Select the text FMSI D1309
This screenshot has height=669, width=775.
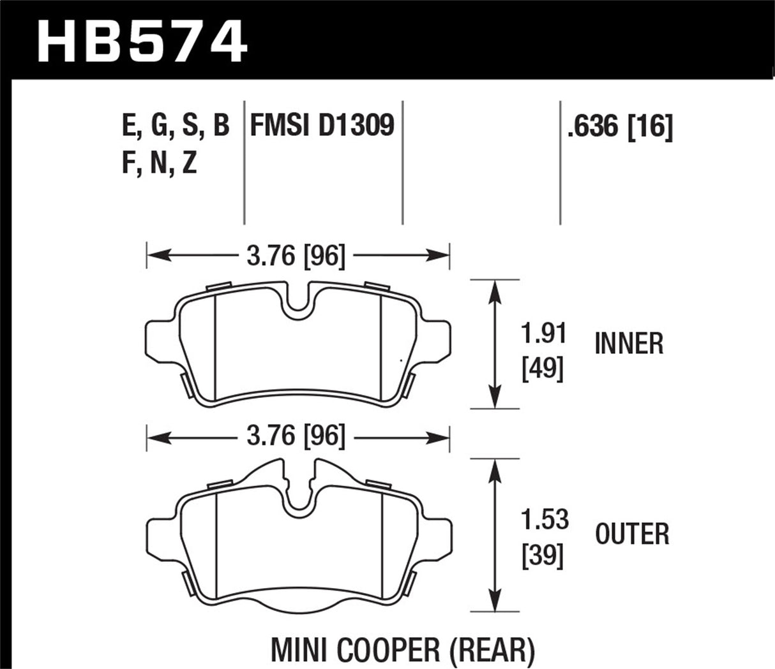pos(322,126)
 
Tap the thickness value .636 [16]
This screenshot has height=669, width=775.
pos(618,128)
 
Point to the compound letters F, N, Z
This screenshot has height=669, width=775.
pos(158,164)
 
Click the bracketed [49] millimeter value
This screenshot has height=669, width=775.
pos(543,369)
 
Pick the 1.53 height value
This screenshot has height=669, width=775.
pos(544,520)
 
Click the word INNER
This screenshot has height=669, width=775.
pos(629,344)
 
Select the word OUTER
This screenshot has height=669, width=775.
pos(632,534)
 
